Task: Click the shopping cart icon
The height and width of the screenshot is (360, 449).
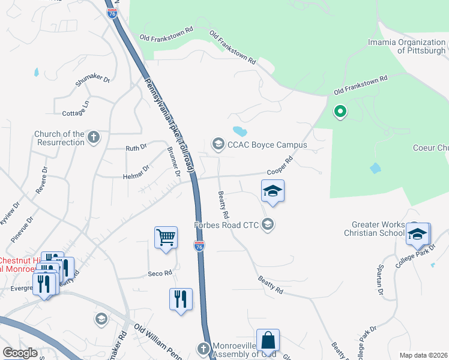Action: tap(166, 236)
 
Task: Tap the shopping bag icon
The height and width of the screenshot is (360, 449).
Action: tap(268, 340)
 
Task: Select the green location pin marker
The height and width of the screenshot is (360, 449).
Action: tap(340, 111)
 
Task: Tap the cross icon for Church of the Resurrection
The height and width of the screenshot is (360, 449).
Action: tap(93, 137)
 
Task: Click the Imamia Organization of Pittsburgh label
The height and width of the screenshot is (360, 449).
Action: tap(406, 46)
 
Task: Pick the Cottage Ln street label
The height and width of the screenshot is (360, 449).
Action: tap(76, 108)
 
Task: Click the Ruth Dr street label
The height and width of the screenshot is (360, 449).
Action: tap(136, 147)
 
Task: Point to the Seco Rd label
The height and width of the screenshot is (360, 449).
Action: tap(160, 273)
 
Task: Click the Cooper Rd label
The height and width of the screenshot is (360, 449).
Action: tap(279, 166)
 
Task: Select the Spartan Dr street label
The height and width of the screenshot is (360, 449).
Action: tap(379, 277)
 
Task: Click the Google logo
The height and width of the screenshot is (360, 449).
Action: tap(20, 353)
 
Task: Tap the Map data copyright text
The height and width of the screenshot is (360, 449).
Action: tap(423, 355)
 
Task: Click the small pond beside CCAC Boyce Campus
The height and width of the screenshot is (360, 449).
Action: tap(240, 131)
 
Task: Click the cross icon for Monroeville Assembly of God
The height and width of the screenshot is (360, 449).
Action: tap(203, 349)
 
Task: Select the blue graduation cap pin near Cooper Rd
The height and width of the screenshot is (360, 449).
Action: tap(273, 191)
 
